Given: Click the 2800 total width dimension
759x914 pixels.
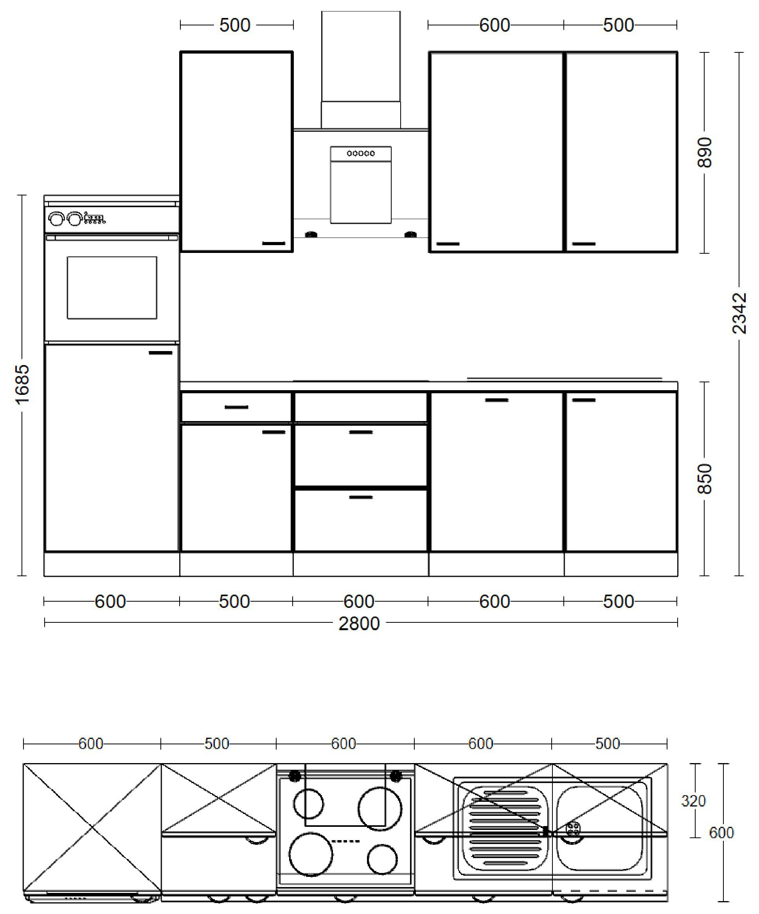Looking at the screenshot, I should tap(359, 624).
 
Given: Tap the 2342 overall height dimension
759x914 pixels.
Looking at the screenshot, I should tap(739, 314).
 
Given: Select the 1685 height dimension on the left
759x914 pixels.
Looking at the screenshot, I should tap(22, 384).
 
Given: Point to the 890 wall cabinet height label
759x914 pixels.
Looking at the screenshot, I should tap(704, 152).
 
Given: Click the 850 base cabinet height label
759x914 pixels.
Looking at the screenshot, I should tap(704, 479).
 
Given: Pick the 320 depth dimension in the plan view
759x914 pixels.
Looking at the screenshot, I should tap(693, 801).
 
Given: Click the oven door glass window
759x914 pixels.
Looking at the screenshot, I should tap(112, 288).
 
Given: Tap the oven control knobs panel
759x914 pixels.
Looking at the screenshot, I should tap(77, 219).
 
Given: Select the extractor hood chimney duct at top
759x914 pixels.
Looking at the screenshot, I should tap(361, 57).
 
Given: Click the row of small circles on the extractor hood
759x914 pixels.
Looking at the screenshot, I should tap(361, 153).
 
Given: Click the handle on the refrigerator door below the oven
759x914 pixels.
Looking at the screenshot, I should tap(161, 353).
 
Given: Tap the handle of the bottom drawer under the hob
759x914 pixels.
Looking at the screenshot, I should tap(361, 497).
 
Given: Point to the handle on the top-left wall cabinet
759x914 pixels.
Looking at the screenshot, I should tap(274, 244).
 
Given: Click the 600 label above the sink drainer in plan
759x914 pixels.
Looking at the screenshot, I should tap(480, 744).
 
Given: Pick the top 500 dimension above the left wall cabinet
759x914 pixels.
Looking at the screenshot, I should tap(235, 25).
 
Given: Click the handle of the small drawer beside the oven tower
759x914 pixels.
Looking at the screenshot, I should tap(236, 407).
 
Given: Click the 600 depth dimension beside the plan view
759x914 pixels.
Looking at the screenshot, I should tap(721, 833).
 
